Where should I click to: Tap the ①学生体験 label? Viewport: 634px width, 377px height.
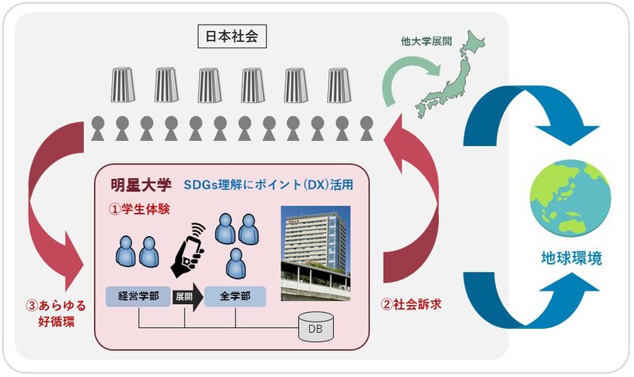point(140,210)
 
